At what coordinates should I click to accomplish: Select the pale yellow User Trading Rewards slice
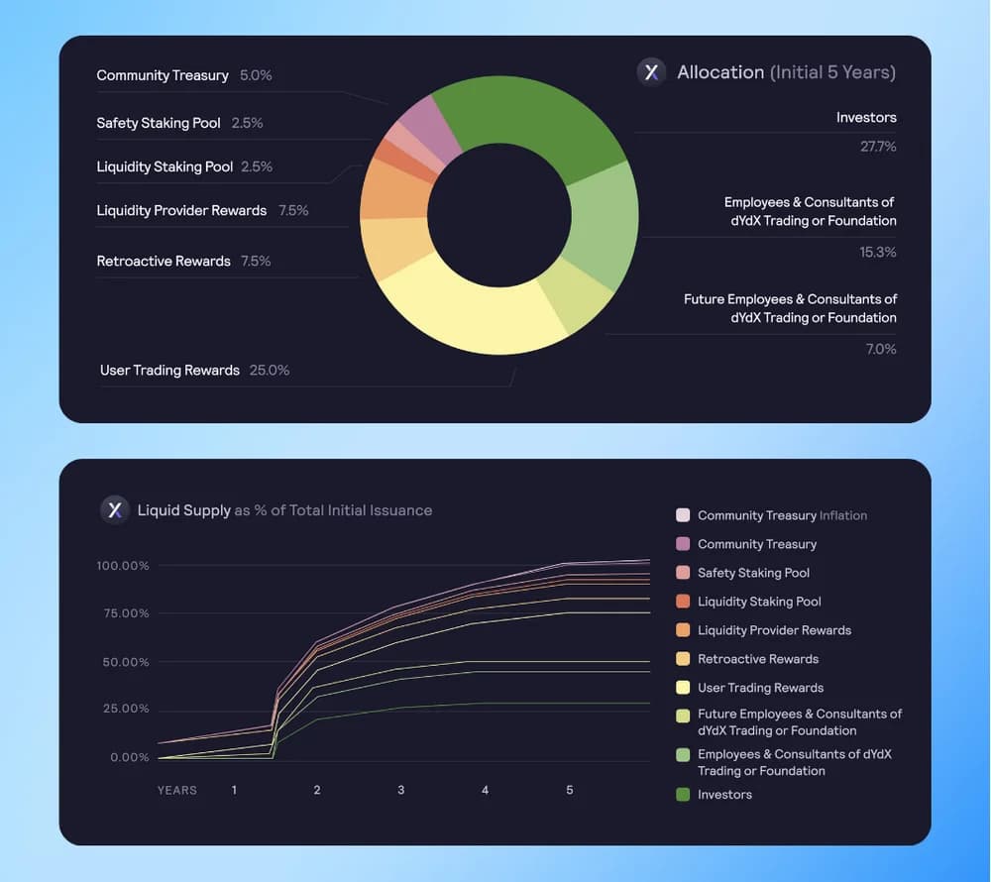tap(466, 312)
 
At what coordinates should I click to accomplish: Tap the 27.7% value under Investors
tap(877, 147)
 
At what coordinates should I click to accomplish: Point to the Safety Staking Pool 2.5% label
tap(179, 123)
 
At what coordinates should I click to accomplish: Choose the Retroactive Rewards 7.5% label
tap(183, 262)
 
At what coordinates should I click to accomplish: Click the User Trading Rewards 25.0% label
tap(194, 371)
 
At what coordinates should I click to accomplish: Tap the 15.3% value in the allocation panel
tap(877, 253)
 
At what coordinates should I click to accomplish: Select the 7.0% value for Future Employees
tap(880, 349)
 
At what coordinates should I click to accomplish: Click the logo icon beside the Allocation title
tap(651, 72)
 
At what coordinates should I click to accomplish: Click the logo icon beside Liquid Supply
tap(115, 509)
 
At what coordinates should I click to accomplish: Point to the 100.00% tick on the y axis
tap(123, 566)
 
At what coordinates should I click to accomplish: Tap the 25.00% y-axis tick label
tap(126, 710)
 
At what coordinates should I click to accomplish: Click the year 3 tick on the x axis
tap(400, 790)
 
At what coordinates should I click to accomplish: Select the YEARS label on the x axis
tap(177, 791)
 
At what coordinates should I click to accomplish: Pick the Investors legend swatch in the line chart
tap(683, 795)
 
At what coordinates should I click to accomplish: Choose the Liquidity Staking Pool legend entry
tap(759, 602)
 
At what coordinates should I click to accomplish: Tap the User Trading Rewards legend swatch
tap(683, 688)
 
